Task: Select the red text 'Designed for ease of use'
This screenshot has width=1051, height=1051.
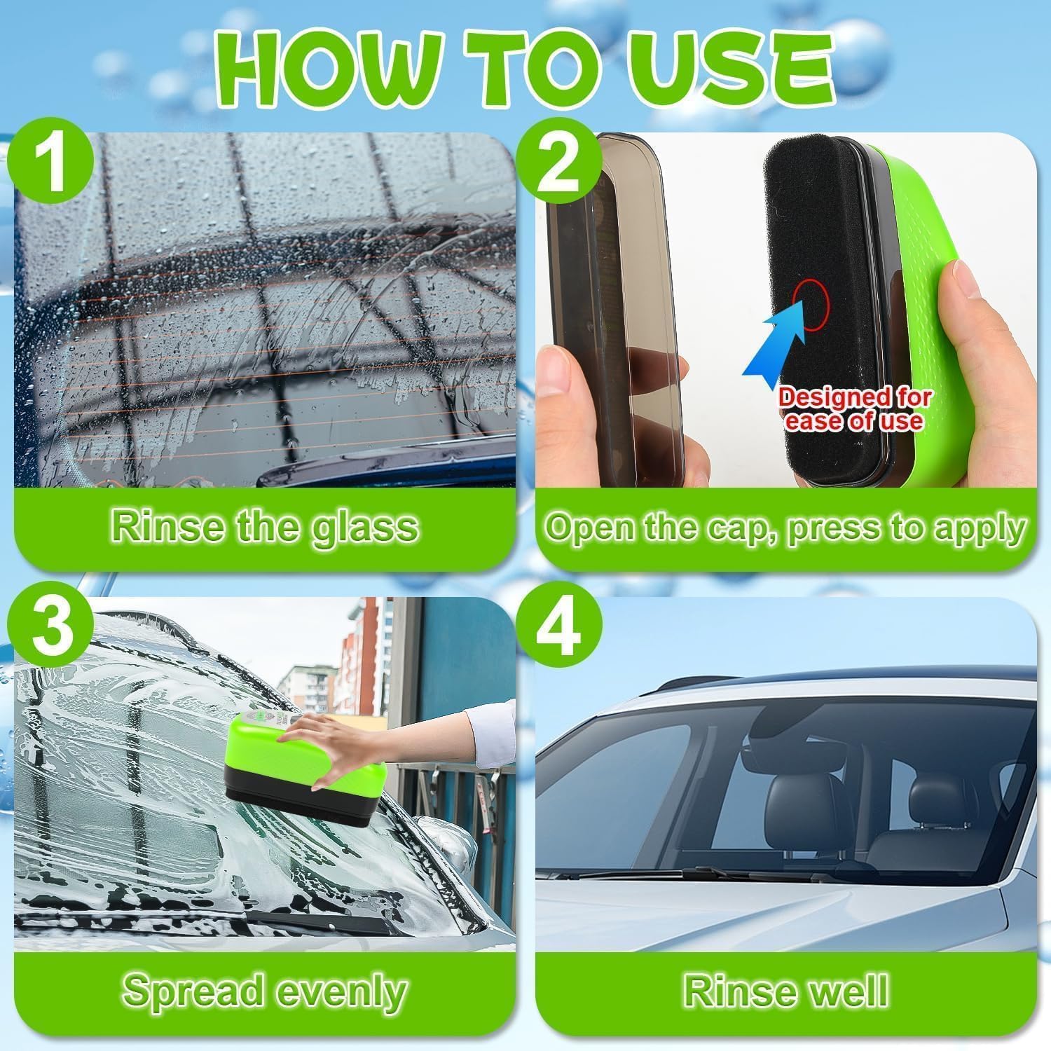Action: (855, 409)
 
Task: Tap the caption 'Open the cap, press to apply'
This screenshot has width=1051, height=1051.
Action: (785, 527)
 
